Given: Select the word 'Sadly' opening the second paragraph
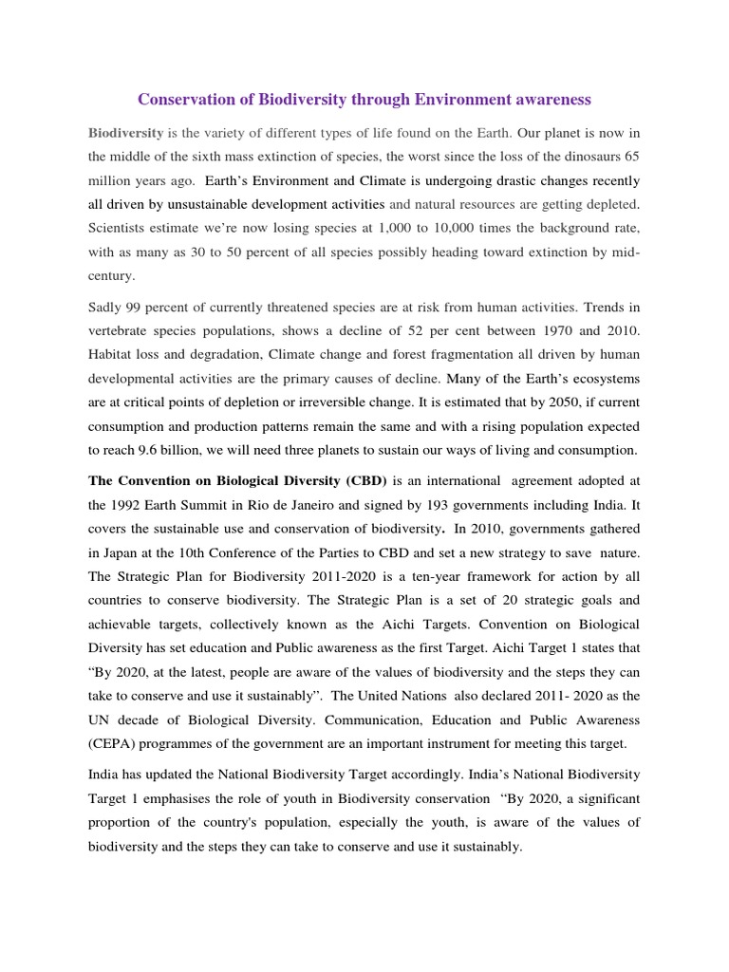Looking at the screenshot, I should tap(106, 307).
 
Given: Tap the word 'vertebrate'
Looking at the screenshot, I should tap(121, 330).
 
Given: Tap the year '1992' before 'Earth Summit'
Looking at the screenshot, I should tap(132, 504).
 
